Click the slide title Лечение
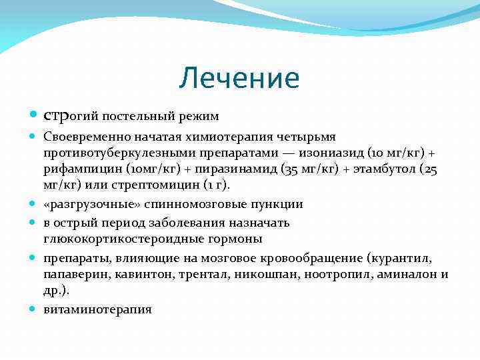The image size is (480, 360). click(x=239, y=79)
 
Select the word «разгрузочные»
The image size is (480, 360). click(x=85, y=205)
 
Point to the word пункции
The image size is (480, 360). click(x=278, y=205)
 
